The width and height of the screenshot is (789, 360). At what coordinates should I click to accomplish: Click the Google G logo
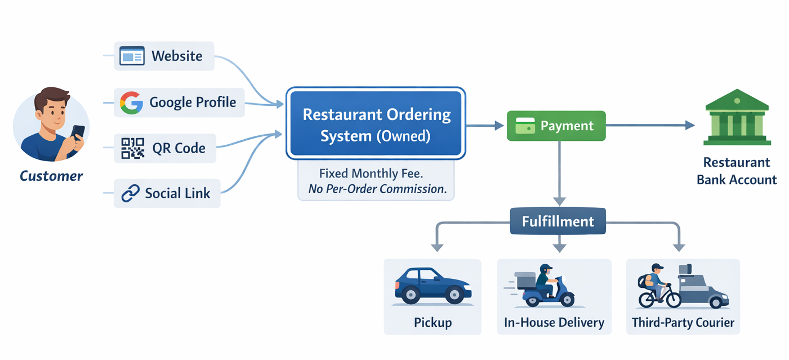coord(131,103)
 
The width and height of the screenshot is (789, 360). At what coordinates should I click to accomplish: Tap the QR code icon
coord(133,148)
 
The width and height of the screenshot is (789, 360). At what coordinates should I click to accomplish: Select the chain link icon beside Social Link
coord(131,193)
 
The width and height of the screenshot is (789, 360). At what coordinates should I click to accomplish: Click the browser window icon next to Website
coord(132,56)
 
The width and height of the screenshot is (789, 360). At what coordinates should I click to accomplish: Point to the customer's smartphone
coord(78,134)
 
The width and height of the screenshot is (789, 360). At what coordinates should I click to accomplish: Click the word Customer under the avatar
coord(51,176)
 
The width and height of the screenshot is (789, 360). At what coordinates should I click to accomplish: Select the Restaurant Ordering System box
coord(376,123)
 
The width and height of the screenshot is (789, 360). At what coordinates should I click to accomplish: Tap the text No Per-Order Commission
coord(377,189)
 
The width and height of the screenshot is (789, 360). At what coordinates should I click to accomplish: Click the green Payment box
coord(556,126)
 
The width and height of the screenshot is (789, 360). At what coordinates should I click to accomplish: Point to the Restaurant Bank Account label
coord(737,171)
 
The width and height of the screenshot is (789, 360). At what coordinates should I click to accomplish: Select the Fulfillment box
coord(558,221)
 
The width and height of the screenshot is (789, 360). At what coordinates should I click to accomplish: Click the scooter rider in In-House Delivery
coord(544,285)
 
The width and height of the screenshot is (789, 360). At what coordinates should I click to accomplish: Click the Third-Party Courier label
coord(683,323)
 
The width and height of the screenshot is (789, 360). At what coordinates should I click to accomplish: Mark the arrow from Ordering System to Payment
coord(485,126)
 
